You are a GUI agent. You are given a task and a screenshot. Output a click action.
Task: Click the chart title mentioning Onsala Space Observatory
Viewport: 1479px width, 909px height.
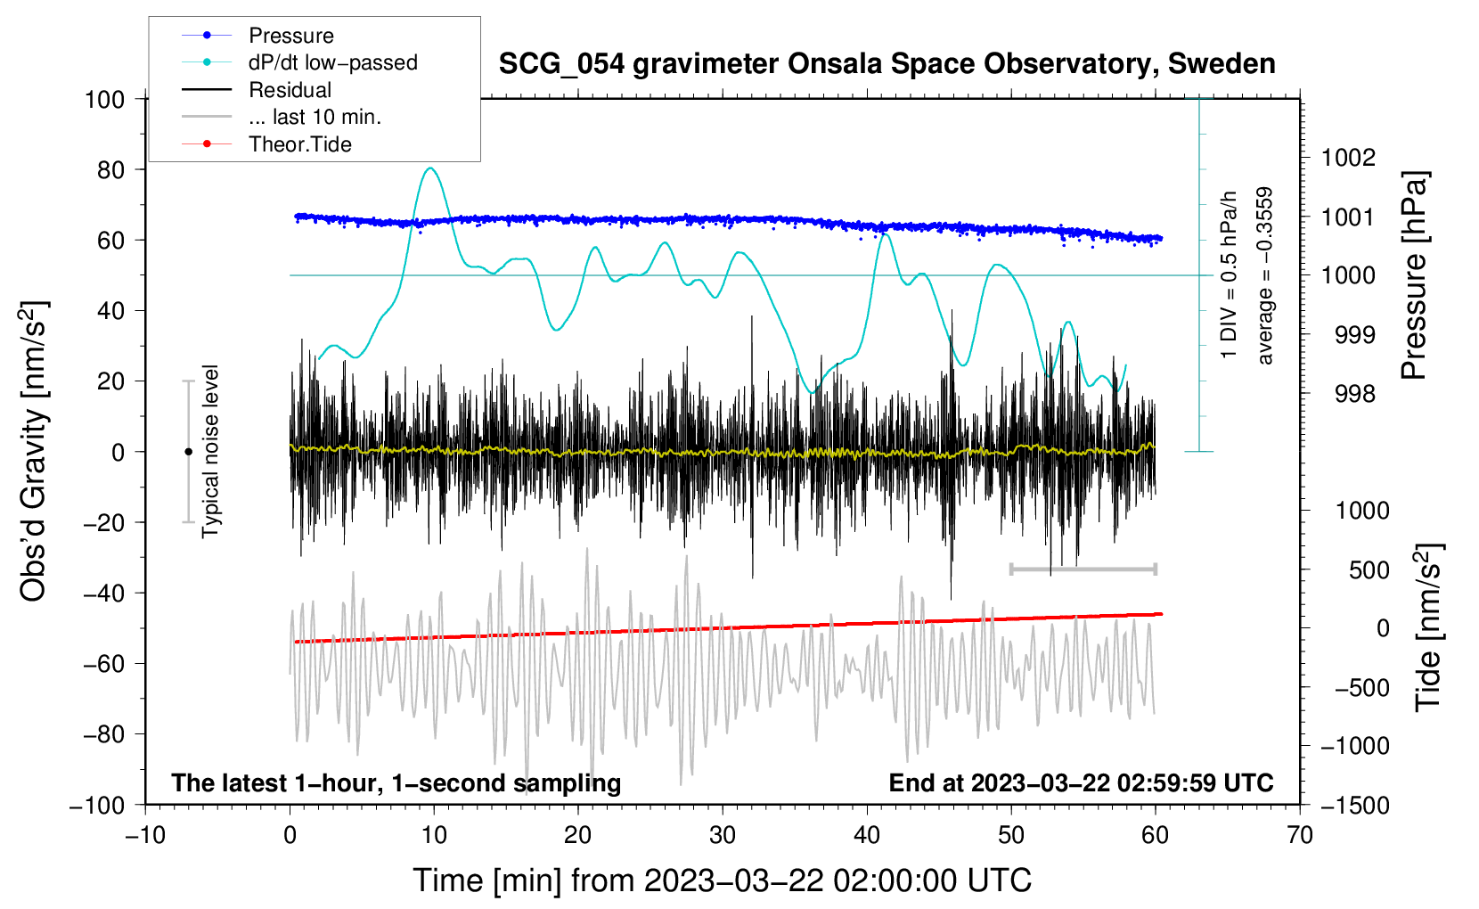tap(887, 64)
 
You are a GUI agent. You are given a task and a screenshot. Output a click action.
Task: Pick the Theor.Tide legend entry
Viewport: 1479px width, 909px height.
tap(299, 144)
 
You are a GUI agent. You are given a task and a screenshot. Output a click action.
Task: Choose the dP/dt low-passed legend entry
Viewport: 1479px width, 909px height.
tap(332, 62)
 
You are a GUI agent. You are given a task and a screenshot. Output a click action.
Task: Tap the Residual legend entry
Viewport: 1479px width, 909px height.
tap(290, 90)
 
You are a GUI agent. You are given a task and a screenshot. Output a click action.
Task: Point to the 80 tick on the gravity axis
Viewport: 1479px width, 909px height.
tap(110, 169)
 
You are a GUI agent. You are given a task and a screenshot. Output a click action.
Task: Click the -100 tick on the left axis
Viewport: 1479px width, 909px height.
tap(98, 805)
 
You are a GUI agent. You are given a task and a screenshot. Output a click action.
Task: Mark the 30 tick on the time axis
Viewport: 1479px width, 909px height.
tap(723, 835)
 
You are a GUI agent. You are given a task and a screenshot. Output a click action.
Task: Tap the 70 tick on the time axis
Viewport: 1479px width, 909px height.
tap(1300, 835)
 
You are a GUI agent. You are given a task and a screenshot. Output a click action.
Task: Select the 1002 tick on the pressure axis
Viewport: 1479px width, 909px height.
tap(1348, 158)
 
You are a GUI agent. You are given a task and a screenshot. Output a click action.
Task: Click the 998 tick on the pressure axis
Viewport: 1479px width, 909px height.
tap(1354, 394)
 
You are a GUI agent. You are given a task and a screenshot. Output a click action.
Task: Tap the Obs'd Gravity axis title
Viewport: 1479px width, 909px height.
tap(34, 451)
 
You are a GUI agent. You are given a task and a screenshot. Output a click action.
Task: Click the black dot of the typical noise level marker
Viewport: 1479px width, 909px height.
tap(188, 452)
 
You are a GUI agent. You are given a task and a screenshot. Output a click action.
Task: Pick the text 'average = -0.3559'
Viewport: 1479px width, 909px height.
tap(1264, 276)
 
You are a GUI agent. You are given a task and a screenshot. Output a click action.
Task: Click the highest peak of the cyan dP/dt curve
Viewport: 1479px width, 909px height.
tap(431, 168)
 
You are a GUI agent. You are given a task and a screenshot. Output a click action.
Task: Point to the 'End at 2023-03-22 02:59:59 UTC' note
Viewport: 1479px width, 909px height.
tap(1081, 783)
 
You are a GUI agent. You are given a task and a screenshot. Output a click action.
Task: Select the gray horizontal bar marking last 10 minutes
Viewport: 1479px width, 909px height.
tap(1083, 569)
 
